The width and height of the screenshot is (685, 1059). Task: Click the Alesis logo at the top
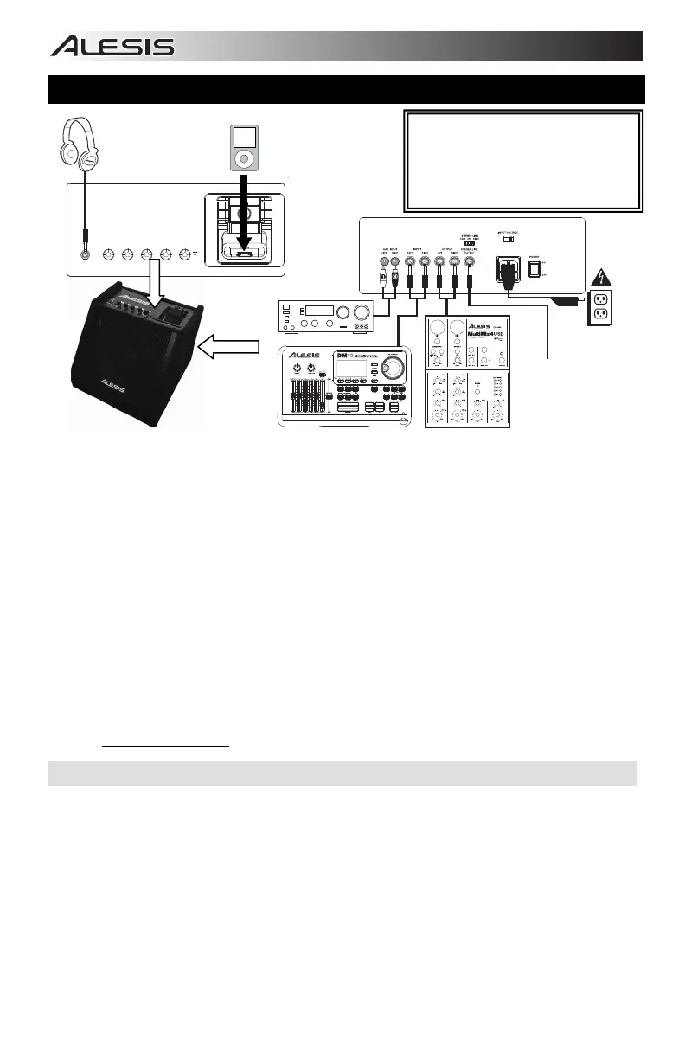click(112, 47)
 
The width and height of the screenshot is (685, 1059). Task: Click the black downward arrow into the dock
click(243, 212)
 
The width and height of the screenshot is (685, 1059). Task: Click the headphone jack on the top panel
click(85, 254)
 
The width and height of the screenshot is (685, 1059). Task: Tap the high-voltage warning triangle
click(601, 280)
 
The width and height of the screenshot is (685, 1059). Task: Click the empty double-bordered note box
click(522, 161)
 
